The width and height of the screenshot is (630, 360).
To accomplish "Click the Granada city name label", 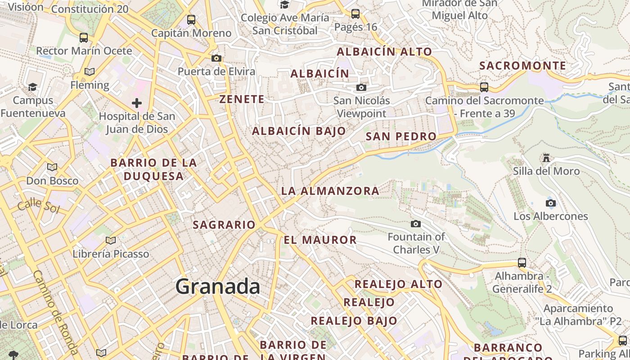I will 218,286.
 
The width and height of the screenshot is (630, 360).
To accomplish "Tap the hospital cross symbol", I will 137,103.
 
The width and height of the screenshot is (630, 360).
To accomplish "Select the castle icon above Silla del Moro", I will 546,158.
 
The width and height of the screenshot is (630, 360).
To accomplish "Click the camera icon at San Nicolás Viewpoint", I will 361,87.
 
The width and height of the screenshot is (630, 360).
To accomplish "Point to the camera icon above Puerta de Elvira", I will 216,58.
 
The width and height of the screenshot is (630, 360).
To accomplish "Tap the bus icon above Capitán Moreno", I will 191,20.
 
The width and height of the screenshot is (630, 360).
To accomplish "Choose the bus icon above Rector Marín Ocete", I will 84,37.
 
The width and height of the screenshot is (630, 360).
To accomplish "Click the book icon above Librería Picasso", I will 110,240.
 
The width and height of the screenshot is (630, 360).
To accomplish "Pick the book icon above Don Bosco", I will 52,167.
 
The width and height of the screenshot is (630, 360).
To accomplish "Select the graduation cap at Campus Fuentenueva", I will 32,86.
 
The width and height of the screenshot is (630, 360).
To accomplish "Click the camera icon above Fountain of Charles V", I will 416,224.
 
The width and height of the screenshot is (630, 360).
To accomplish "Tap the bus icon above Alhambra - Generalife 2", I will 522,262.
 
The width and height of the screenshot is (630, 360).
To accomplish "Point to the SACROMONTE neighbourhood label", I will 522,66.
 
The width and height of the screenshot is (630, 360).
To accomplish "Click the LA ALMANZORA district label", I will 330,191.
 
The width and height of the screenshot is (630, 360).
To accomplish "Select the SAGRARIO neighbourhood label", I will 224,225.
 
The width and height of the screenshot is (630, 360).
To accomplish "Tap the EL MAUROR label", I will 320,240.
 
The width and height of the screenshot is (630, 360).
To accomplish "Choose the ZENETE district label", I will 242,99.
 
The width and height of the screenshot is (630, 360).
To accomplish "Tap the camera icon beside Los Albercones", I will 551,203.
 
